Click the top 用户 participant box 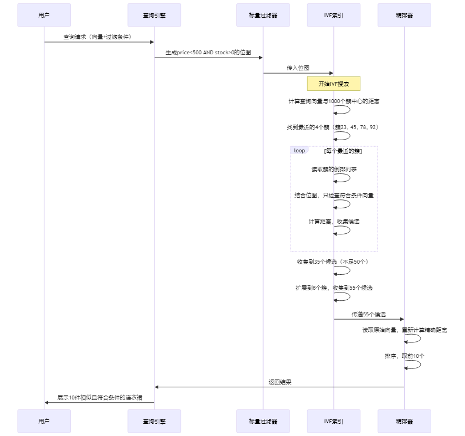click(44, 15)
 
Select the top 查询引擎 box click(154, 15)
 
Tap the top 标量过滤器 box click(263, 15)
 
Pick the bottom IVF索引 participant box click(333, 421)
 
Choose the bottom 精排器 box click(404, 421)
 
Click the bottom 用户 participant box click(44, 421)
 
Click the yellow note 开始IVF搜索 click(334, 84)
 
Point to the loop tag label click(299, 151)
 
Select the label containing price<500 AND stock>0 click(208, 52)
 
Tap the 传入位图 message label click(298, 68)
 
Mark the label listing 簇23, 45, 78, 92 click(333, 127)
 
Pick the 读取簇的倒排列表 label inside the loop click(334, 169)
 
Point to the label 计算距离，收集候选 click(334, 221)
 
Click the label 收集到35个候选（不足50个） click(333, 261)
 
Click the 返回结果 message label click(280, 382)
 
